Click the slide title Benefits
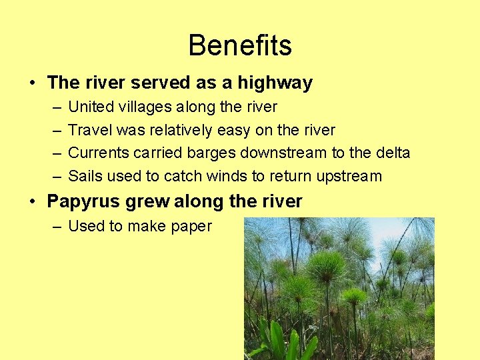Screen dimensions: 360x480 tap(240, 46)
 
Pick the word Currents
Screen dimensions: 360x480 tap(99, 153)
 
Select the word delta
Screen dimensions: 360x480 tap(393, 153)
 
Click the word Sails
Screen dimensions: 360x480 tap(85, 177)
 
